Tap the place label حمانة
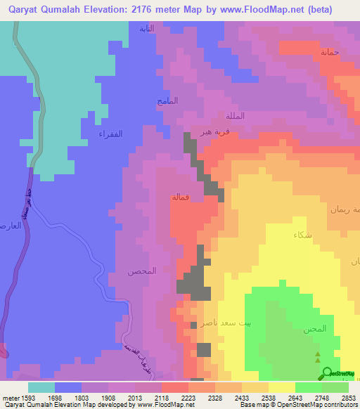coord(330,53)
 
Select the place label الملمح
coord(168,101)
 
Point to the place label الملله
coord(235,115)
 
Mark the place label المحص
coord(141,271)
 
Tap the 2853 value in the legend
coord(349,398)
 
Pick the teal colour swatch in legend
coord(41,387)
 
